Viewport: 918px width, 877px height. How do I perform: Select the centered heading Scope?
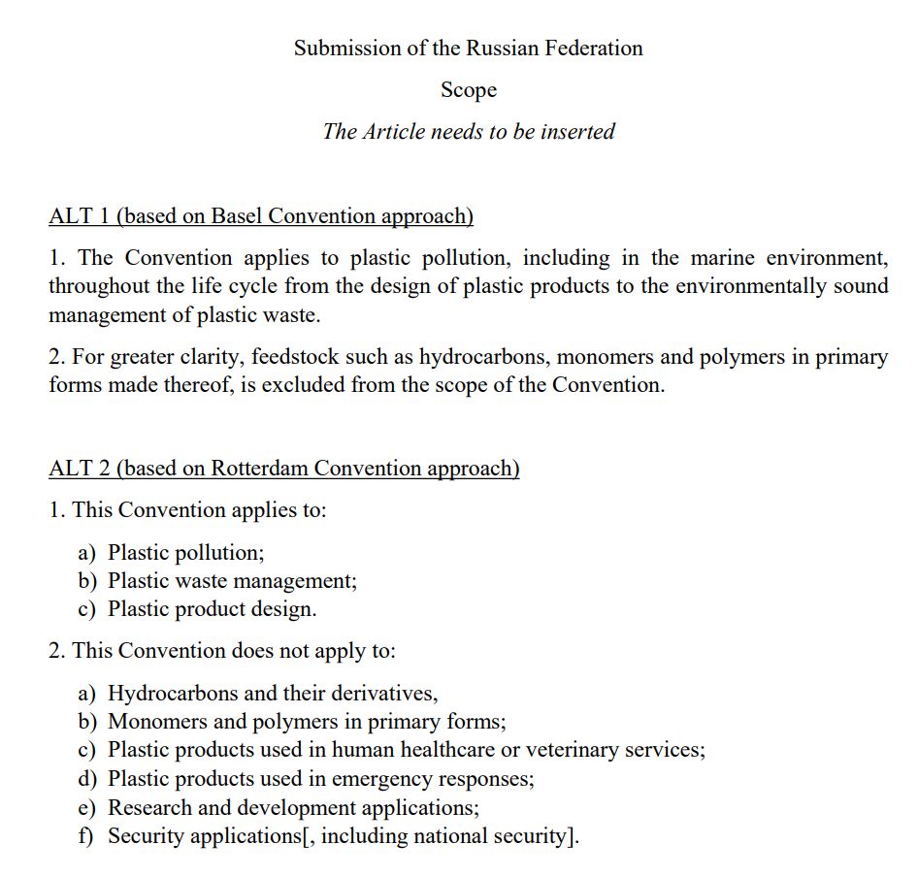click(469, 90)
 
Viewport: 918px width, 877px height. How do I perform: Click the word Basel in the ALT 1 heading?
click(237, 216)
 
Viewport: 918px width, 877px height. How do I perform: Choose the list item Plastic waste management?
click(232, 581)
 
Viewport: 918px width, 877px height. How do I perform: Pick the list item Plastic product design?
click(212, 609)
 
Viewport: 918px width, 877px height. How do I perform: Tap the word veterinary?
click(593, 750)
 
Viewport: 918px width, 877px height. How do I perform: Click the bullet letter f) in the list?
click(86, 835)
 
